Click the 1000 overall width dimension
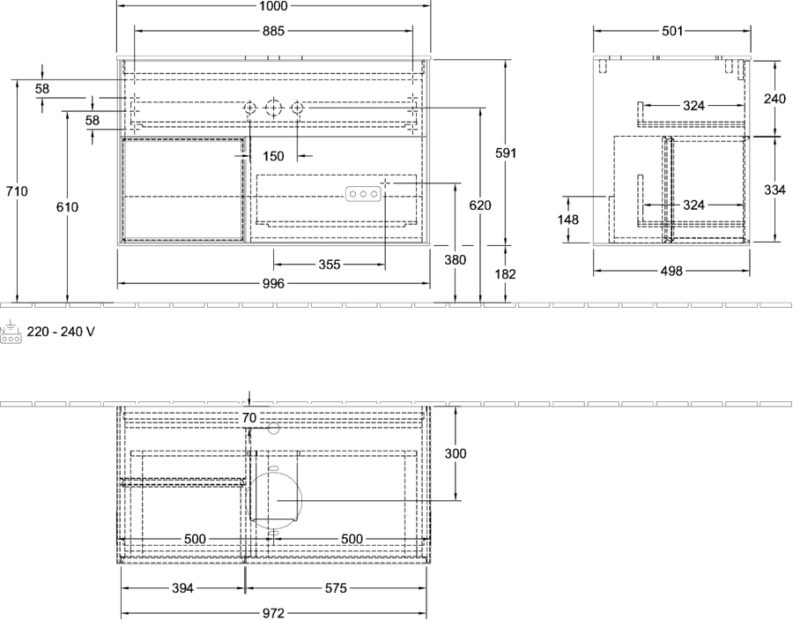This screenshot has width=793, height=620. click(x=273, y=5)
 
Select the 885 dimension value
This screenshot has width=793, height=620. click(x=273, y=32)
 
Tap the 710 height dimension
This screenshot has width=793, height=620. click(x=17, y=191)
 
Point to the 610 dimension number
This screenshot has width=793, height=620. click(x=67, y=207)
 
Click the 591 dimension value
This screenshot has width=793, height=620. click(x=505, y=153)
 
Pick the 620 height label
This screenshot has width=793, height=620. click(x=480, y=205)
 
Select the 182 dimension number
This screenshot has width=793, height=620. click(x=505, y=274)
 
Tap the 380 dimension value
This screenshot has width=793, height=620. click(x=456, y=260)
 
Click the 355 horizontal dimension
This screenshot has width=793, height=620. click(x=330, y=265)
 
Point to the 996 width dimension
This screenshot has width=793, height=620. click(x=273, y=284)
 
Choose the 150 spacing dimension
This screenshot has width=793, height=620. click(x=273, y=156)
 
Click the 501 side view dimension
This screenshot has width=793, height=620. click(x=672, y=32)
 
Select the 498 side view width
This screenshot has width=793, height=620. click(x=671, y=272)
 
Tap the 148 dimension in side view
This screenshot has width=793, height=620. click(x=568, y=220)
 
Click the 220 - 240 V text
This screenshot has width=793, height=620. click(x=61, y=332)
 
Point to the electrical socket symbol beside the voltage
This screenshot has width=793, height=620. click(x=11, y=332)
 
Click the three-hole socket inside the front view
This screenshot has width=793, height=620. click(x=363, y=194)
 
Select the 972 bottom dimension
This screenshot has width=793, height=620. click(x=273, y=614)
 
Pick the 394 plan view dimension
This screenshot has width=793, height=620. click(x=182, y=588)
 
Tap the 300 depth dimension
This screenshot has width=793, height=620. click(x=456, y=454)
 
